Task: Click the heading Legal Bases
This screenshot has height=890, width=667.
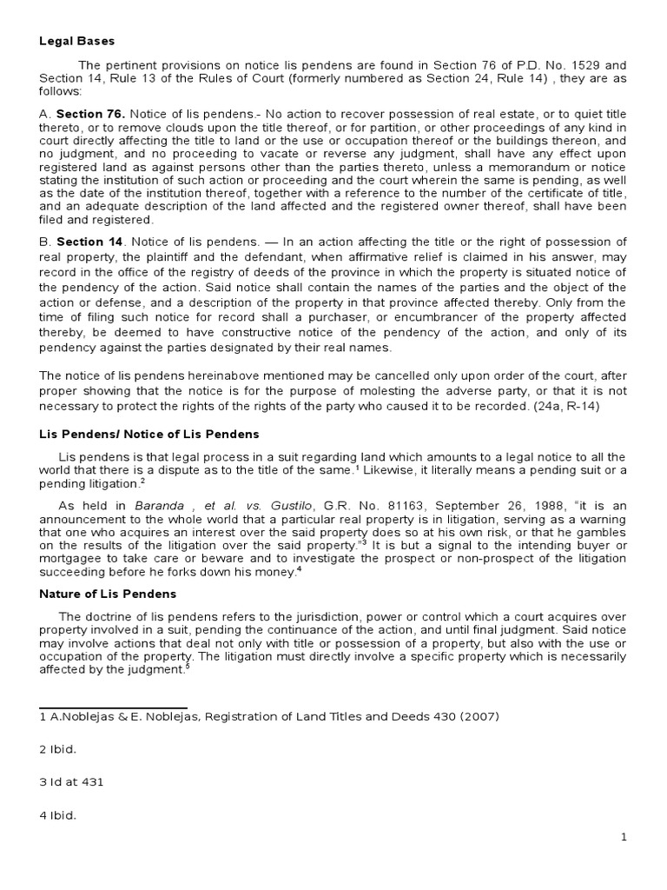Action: (76, 41)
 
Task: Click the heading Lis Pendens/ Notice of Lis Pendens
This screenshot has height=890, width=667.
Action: (149, 433)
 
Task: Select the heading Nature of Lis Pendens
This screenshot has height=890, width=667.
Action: (108, 594)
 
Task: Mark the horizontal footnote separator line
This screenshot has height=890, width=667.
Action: (113, 707)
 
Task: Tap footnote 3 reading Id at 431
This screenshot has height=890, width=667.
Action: (71, 782)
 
